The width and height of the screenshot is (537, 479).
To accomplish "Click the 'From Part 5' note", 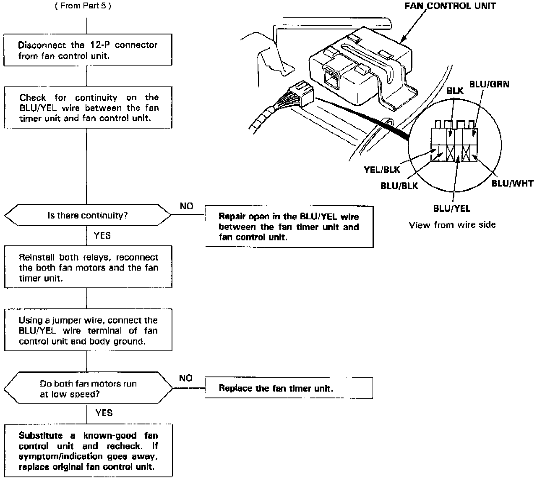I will click(83, 6).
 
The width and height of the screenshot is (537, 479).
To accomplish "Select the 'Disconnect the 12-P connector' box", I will click(88, 50).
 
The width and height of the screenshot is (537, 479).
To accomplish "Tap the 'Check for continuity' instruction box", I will click(88, 108).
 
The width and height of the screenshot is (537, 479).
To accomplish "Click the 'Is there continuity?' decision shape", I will click(88, 216).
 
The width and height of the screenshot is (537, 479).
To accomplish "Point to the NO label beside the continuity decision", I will click(186, 206).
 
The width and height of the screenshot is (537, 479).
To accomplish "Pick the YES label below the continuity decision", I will click(102, 235).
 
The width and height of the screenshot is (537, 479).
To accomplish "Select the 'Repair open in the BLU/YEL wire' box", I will click(289, 226).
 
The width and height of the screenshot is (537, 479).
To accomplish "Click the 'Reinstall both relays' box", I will click(88, 267).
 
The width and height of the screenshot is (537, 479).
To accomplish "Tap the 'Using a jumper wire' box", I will click(88, 331).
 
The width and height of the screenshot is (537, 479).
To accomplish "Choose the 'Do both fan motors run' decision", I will click(88, 389).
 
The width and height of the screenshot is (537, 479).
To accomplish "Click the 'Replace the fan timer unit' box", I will click(289, 388).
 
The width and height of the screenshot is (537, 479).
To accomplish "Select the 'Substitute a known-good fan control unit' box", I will click(88, 451).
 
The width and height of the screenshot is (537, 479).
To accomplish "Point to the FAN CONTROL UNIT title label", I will click(450, 6).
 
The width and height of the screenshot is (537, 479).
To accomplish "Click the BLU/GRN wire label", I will click(489, 84).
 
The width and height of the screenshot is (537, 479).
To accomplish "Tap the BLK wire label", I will click(455, 91).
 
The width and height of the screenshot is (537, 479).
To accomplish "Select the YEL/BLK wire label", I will click(382, 170).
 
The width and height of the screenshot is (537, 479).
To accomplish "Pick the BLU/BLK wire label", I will click(399, 186).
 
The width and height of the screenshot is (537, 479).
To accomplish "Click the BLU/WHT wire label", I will click(512, 183).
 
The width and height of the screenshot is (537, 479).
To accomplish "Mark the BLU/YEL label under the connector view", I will click(451, 208).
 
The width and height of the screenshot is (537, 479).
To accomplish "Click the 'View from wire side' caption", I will click(452, 225).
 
